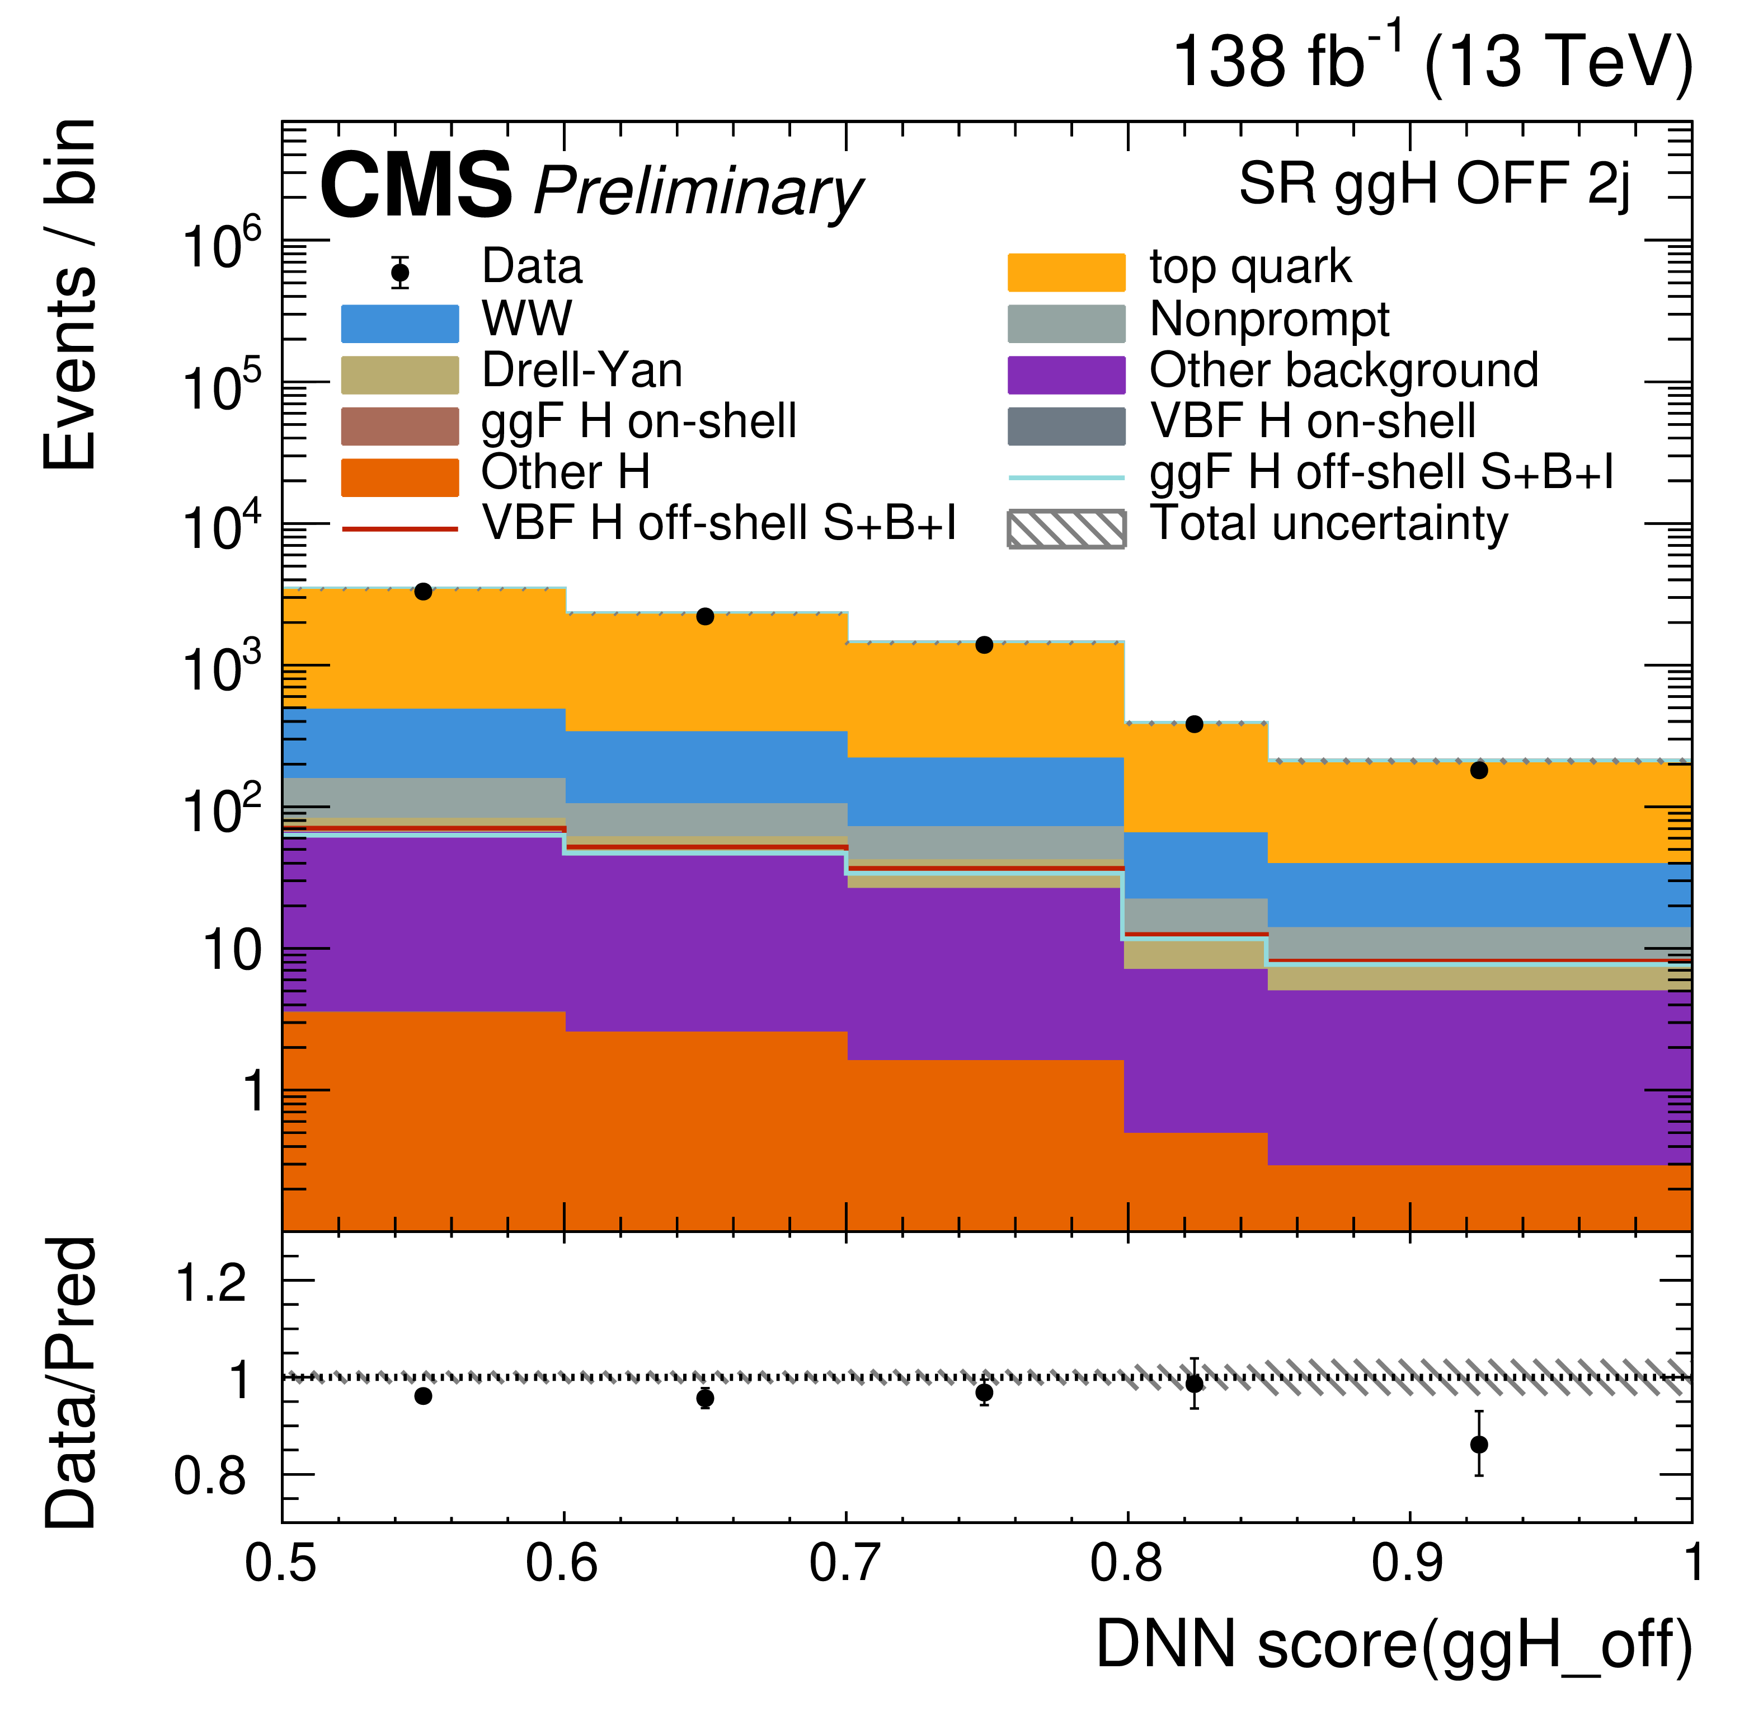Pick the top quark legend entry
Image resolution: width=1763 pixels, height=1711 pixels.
1250,267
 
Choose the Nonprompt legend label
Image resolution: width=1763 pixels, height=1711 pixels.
1269,320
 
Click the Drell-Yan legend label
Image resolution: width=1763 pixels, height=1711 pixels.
582,371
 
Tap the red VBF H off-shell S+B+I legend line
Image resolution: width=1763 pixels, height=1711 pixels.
399,529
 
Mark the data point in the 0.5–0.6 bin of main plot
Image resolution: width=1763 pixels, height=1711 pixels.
423,592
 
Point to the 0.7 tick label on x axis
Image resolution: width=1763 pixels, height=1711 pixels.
845,1563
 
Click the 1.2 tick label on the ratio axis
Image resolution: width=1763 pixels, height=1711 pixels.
210,1283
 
